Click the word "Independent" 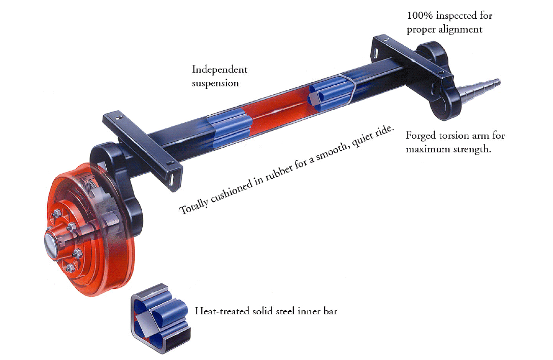point(219,70)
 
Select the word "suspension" point(215,84)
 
